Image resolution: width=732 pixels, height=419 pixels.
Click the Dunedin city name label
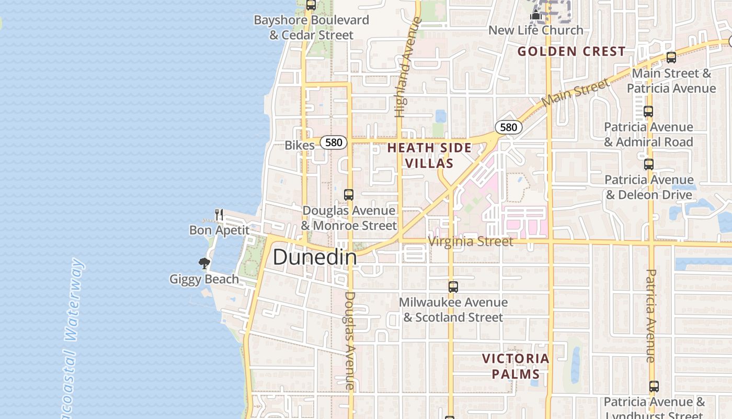[x=315, y=257]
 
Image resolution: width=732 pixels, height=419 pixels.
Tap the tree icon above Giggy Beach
[x=204, y=263]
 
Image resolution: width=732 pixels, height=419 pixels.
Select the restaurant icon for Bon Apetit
[x=219, y=214]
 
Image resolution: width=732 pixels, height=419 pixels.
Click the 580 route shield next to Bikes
[x=334, y=142]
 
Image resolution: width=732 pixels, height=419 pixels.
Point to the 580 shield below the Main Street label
[x=508, y=127]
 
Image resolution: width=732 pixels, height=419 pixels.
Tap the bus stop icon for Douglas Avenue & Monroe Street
[x=349, y=195]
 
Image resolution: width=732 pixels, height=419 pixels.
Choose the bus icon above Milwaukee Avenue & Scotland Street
[x=453, y=287]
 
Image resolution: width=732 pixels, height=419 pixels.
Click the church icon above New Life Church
[x=535, y=15]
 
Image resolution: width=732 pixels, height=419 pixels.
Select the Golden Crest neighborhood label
[x=571, y=51]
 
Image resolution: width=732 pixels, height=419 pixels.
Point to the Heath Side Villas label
[x=429, y=156]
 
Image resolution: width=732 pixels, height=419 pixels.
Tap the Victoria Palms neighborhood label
[x=516, y=366]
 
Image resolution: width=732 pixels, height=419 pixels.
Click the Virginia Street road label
[x=471, y=241]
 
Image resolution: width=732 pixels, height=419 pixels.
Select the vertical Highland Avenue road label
[x=408, y=67]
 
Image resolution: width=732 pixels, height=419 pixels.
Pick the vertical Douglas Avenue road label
[x=349, y=340]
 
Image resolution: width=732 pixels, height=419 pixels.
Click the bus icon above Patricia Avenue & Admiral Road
[x=648, y=112]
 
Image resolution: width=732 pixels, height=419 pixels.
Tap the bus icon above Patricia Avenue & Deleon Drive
[x=649, y=164]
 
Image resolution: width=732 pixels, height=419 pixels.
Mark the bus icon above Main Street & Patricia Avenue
[x=671, y=58]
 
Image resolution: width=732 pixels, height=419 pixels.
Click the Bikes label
[x=300, y=145]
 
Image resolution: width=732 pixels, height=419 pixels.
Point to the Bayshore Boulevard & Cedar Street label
[x=311, y=28]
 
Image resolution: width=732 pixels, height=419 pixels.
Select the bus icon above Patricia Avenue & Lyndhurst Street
[x=654, y=387]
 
